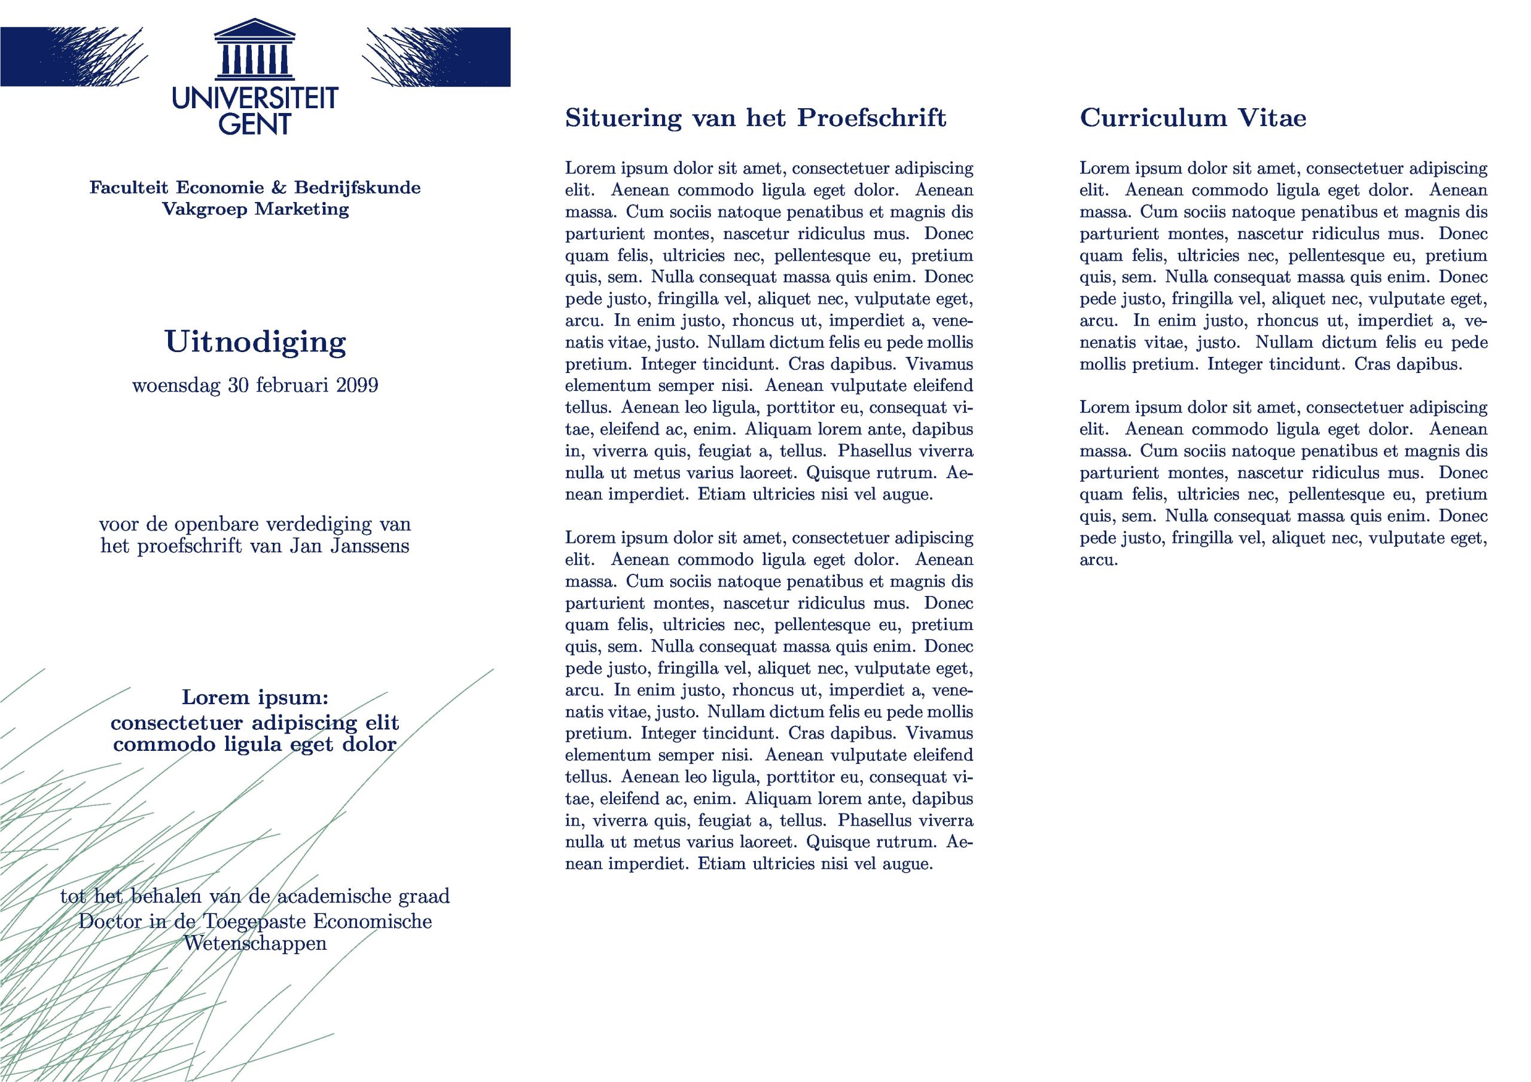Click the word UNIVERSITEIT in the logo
tap(255, 99)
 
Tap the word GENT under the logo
tap(255, 124)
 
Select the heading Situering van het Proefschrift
tap(755, 118)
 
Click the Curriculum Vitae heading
tap(1193, 118)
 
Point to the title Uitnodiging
tap(255, 343)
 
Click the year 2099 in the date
tap(357, 386)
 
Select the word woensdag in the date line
tap(176, 386)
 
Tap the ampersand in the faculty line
tap(279, 188)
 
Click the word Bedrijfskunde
tap(358, 188)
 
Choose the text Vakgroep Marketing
tap(255, 209)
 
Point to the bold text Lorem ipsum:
tap(255, 698)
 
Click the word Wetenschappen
tap(255, 943)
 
